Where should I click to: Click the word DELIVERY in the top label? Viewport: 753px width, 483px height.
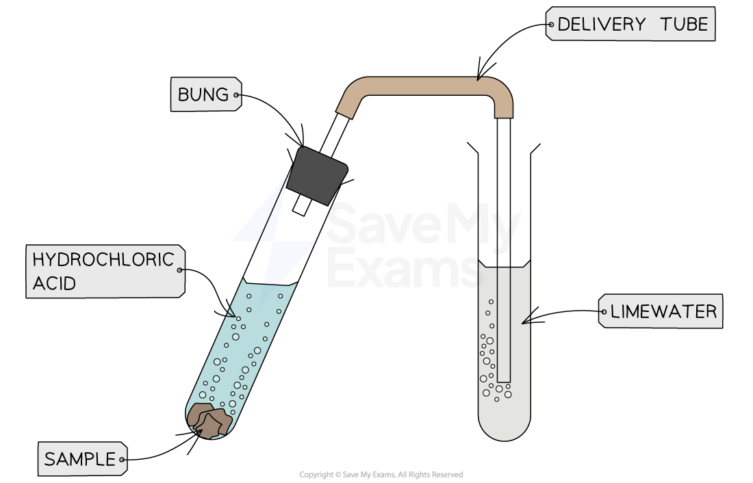pyautogui.click(x=601, y=25)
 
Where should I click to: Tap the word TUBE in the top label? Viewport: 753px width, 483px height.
pyautogui.click(x=684, y=25)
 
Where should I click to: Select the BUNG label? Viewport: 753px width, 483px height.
pyautogui.click(x=203, y=94)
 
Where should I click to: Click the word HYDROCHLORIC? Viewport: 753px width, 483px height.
pyautogui.click(x=103, y=260)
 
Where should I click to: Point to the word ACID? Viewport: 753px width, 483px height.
pyautogui.click(x=54, y=283)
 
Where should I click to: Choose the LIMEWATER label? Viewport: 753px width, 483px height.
pyautogui.click(x=663, y=312)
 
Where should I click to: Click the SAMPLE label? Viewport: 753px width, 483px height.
pyautogui.click(x=79, y=460)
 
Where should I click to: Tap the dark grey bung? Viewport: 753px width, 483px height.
pyautogui.click(x=318, y=175)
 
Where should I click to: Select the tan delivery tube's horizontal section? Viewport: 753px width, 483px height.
pyautogui.click(x=424, y=86)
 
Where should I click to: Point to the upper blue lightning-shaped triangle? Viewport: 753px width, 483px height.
pyautogui.click(x=264, y=212)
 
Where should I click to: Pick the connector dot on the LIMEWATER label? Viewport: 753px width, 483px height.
pyautogui.click(x=603, y=313)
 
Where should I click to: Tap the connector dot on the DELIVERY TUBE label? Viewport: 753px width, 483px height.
pyautogui.click(x=550, y=25)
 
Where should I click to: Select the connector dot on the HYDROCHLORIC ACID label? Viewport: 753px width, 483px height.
pyautogui.click(x=180, y=270)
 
